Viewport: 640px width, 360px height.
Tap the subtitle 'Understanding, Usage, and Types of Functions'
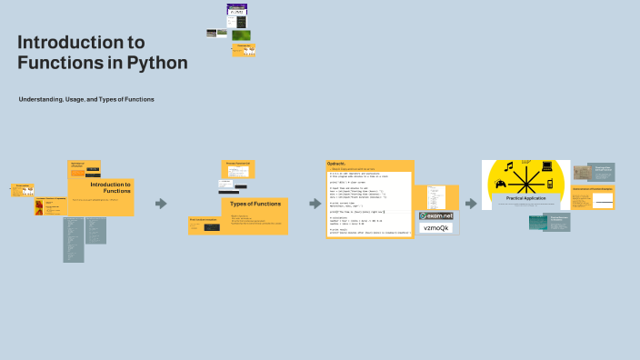(86, 98)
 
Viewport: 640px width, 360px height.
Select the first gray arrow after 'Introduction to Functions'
(161, 204)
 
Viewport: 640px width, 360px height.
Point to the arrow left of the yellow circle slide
(471, 204)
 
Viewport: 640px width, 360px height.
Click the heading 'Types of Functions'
(255, 204)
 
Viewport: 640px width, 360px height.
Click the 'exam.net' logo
(436, 215)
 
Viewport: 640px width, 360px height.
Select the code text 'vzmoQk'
(436, 228)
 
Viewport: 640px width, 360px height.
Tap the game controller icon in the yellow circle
(499, 185)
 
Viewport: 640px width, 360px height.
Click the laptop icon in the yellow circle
(547, 166)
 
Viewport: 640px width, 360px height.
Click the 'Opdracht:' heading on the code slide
(336, 164)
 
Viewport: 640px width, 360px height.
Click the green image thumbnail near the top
(241, 35)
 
